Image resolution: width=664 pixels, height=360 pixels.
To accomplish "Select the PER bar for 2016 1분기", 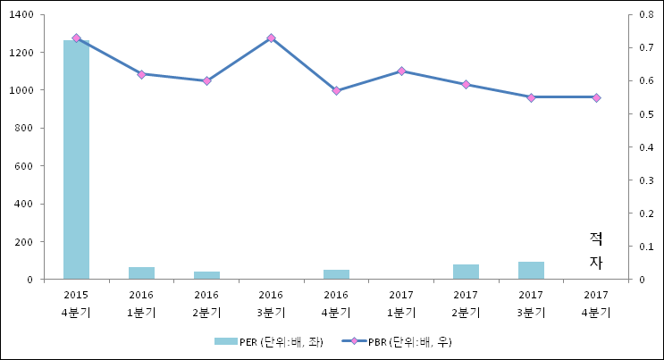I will click(141, 272).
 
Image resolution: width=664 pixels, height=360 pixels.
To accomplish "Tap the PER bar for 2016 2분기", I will click(206, 275).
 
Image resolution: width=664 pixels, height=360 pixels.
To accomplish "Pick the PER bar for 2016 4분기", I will click(336, 274).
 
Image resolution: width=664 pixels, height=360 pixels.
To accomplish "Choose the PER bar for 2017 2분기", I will click(466, 272).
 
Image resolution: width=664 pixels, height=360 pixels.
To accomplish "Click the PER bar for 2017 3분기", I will click(531, 270).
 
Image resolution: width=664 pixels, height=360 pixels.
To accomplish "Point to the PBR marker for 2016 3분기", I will click(271, 38).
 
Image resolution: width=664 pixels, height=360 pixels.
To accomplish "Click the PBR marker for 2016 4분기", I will click(336, 91).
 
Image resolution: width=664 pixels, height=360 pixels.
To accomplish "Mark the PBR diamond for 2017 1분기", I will click(401, 71).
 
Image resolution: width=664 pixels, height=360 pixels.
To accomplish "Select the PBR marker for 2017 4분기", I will click(596, 97).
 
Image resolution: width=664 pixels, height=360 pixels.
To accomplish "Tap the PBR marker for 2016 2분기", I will click(206, 80).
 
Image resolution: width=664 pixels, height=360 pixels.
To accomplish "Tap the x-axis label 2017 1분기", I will click(401, 303).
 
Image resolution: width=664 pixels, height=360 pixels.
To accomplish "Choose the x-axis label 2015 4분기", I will click(76, 303).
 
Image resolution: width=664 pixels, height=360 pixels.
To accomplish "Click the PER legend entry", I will click(263, 341).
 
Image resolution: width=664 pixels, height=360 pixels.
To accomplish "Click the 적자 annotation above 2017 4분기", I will click(596, 250).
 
